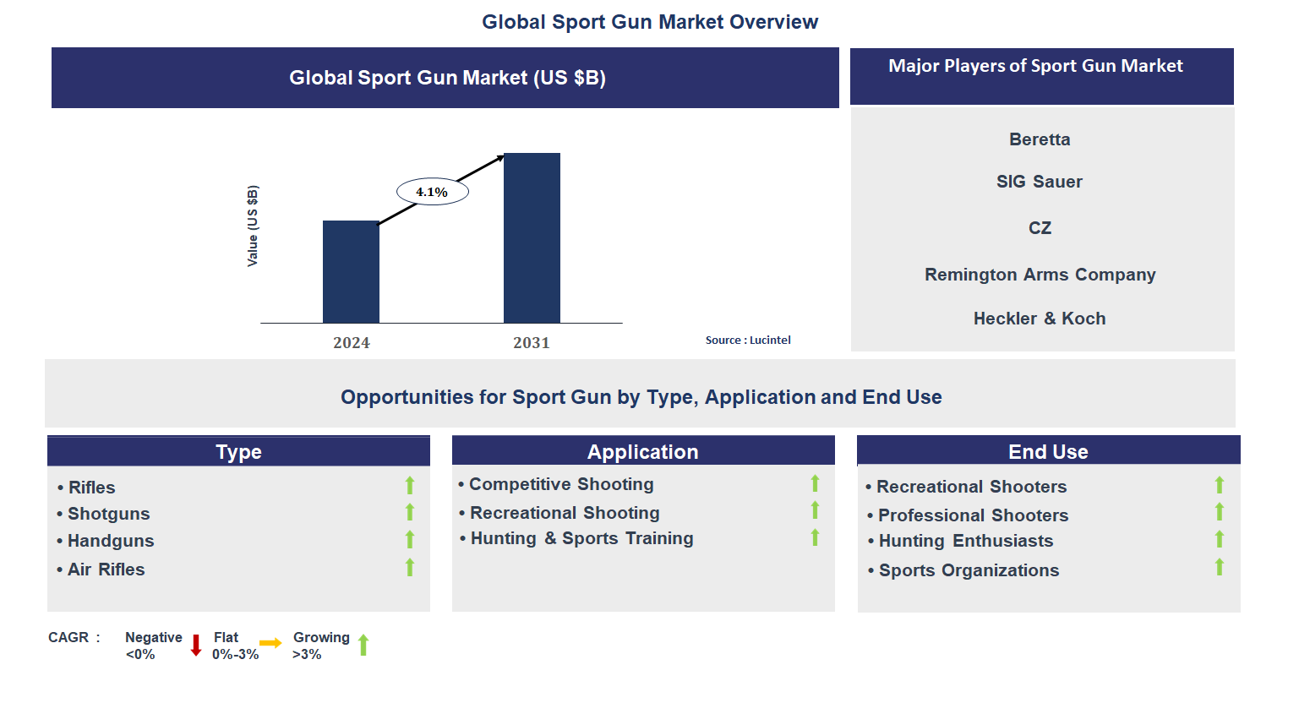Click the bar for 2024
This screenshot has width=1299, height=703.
pyautogui.click(x=351, y=271)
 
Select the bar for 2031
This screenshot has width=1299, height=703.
pyautogui.click(x=532, y=237)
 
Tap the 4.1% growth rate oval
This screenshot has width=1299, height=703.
pyautogui.click(x=432, y=192)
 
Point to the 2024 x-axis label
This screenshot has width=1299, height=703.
pyautogui.click(x=352, y=342)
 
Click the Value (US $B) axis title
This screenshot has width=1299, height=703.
pyautogui.click(x=252, y=226)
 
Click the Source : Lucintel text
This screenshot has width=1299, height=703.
pyautogui.click(x=748, y=340)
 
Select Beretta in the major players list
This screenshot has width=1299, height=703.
pyautogui.click(x=1040, y=139)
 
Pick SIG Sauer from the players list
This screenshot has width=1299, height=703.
pyautogui.click(x=1040, y=182)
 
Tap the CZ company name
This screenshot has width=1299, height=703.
pyautogui.click(x=1040, y=228)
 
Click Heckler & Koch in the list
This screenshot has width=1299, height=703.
pyautogui.click(x=1040, y=319)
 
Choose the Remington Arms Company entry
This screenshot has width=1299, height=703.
pyautogui.click(x=1040, y=275)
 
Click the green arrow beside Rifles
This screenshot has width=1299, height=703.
pyautogui.click(x=410, y=485)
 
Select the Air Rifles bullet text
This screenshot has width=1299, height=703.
pyautogui.click(x=106, y=569)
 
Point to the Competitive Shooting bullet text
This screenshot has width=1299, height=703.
pyautogui.click(x=561, y=484)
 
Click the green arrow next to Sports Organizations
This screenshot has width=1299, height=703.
pyautogui.click(x=1220, y=567)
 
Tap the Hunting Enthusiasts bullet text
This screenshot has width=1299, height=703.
pyautogui.click(x=965, y=541)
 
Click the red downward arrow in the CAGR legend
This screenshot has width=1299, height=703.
pyautogui.click(x=196, y=646)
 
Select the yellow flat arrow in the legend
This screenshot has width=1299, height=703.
pyautogui.click(x=270, y=643)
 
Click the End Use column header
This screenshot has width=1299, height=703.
pyautogui.click(x=1048, y=451)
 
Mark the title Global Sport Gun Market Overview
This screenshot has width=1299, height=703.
pyautogui.click(x=650, y=22)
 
